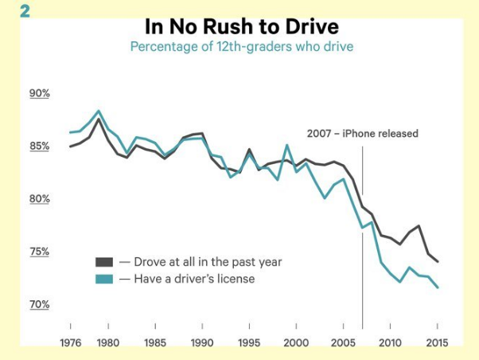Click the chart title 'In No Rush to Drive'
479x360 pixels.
click(241, 26)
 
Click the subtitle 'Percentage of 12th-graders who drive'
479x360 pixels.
click(241, 46)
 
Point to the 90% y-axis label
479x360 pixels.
click(40, 93)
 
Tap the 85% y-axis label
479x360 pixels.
click(40, 147)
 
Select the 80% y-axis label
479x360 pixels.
click(40, 199)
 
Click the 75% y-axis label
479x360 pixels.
click(40, 252)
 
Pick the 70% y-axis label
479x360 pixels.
click(40, 304)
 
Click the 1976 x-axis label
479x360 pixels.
click(71, 343)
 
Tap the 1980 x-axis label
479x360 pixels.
click(108, 343)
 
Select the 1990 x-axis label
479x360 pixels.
click(202, 343)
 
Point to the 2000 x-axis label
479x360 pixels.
click(296, 343)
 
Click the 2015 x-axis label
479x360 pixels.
click(437, 343)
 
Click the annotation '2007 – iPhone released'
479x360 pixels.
click(362, 134)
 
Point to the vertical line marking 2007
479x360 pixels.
click(362, 239)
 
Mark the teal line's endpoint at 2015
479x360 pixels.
click(438, 288)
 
